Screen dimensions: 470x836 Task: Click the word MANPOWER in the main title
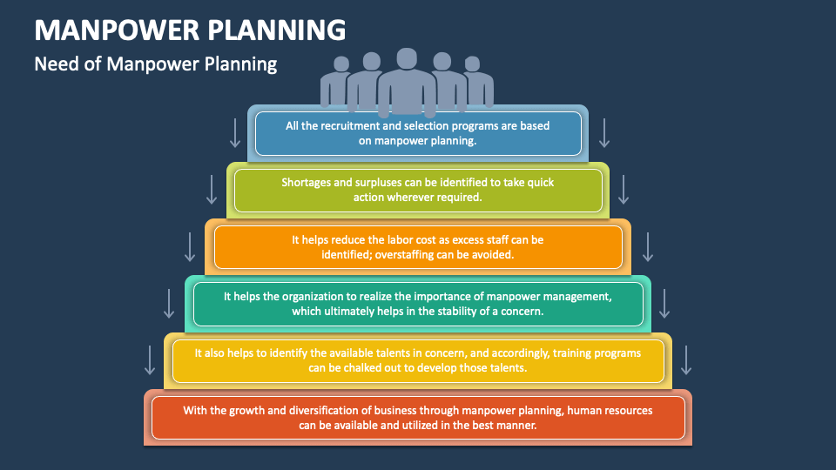(116, 30)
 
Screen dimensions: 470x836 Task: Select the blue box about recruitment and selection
(418, 133)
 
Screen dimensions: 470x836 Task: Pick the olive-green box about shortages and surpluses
(418, 190)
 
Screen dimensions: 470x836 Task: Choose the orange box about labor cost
(418, 247)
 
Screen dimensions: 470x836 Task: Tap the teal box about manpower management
(418, 304)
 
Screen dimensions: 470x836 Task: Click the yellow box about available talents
(418, 361)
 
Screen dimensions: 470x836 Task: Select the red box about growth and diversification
(418, 417)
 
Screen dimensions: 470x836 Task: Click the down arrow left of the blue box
(234, 132)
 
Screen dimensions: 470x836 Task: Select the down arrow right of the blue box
(603, 132)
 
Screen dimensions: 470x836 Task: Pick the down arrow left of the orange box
(190, 246)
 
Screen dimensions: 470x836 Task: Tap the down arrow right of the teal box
(664, 303)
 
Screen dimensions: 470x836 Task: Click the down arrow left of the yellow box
(150, 359)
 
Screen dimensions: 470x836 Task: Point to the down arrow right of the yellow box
(686, 359)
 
